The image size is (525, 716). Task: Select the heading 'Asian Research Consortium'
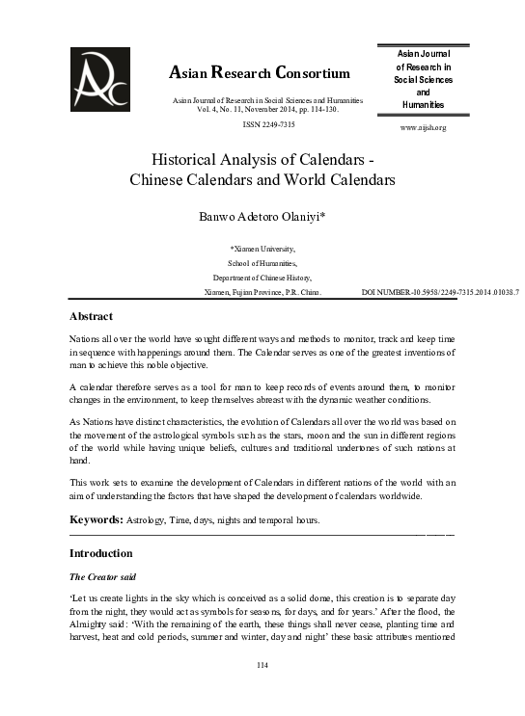[260, 72]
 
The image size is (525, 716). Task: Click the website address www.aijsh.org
[423, 127]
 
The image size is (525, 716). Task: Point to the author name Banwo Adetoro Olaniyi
[263, 217]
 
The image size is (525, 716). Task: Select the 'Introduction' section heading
[101, 554]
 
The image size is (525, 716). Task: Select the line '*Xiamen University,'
[262, 249]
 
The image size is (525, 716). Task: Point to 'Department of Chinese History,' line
[262, 277]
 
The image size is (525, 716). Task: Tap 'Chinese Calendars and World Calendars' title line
[262, 179]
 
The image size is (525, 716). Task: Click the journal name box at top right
[423, 78]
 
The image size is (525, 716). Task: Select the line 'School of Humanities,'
[262, 262]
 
